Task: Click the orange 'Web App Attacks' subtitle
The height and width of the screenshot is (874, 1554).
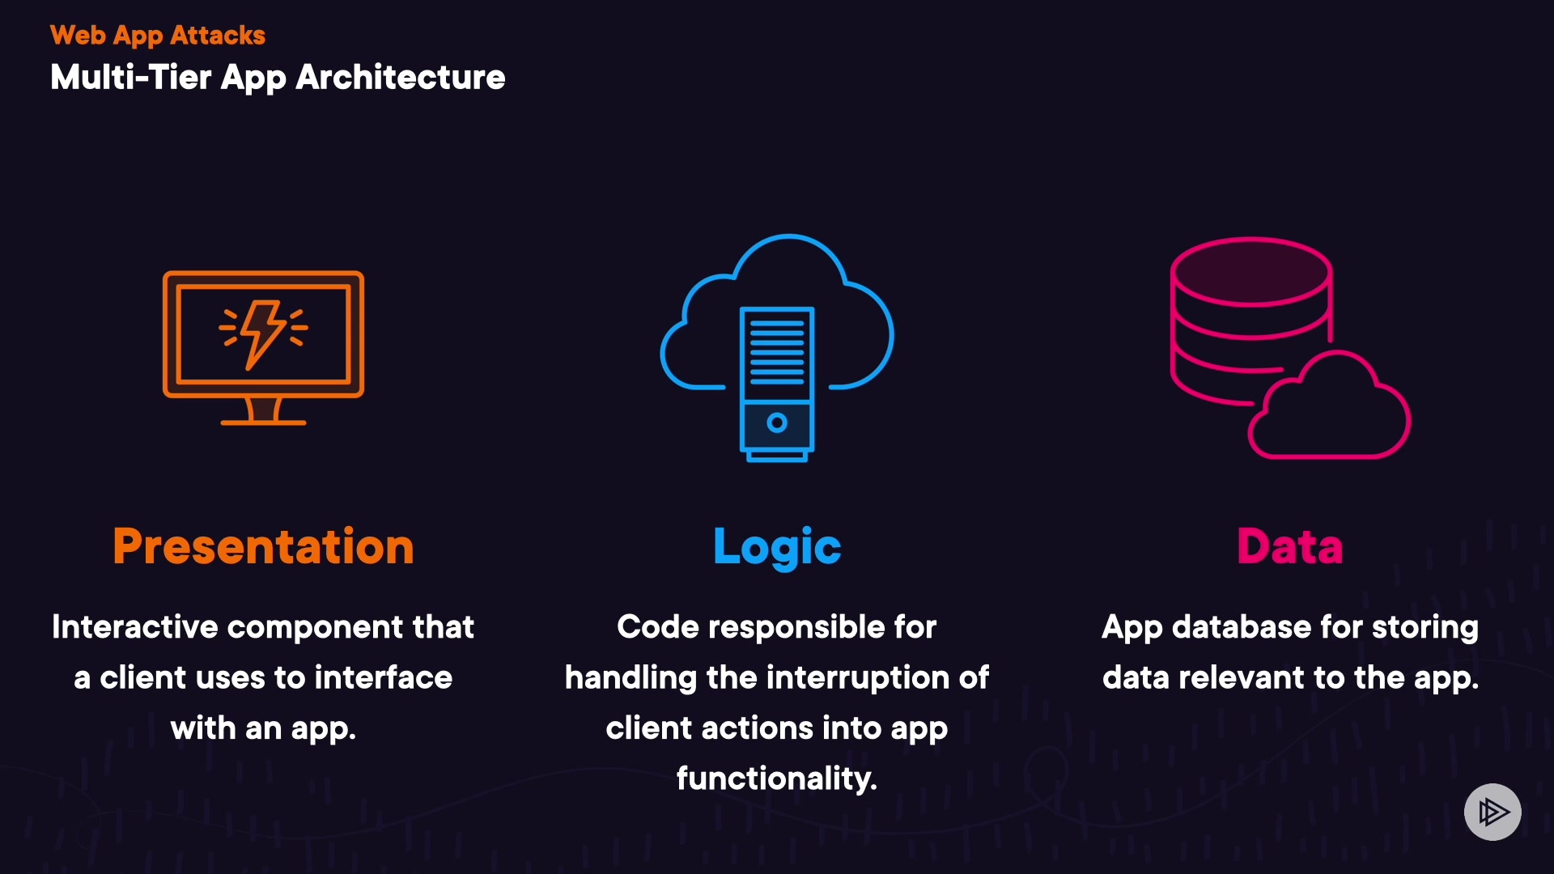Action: tap(158, 36)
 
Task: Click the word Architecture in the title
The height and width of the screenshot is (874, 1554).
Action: tap(401, 78)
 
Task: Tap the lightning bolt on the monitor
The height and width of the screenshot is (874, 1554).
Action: tap(262, 331)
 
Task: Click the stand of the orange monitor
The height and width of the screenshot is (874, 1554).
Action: tap(264, 412)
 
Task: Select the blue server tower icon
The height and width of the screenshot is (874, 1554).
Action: tap(777, 380)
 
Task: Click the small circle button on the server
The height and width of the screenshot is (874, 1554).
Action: tap(777, 422)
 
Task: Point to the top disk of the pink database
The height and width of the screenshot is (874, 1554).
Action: tap(1250, 271)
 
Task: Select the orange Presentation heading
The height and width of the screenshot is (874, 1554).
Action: tap(264, 547)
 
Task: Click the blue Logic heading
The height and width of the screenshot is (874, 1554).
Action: tap(777, 547)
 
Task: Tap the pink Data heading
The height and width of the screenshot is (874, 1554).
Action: tap(1290, 547)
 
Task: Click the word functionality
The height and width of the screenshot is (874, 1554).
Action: tap(777, 779)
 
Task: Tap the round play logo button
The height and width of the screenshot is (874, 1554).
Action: tap(1492, 812)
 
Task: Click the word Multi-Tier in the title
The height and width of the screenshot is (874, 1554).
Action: tap(131, 78)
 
